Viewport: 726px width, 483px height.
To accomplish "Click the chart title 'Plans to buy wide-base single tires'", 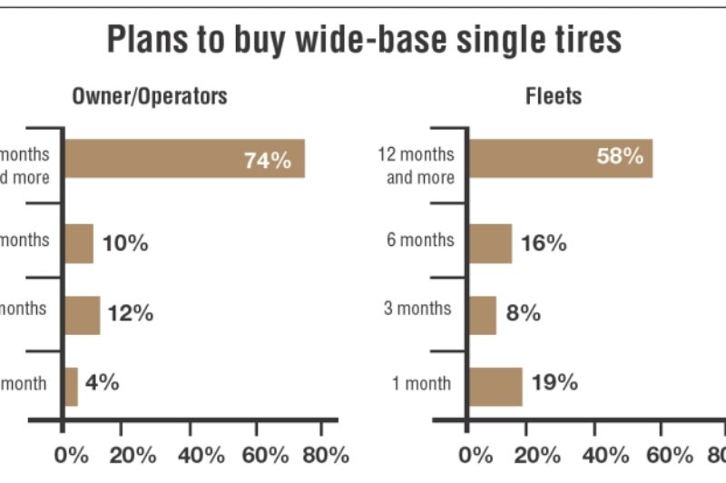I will click(x=364, y=40).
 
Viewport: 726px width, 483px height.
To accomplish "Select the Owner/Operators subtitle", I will click(x=150, y=95).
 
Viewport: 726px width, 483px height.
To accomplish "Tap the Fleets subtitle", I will click(x=554, y=95).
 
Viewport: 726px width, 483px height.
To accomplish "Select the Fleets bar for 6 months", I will click(x=490, y=243).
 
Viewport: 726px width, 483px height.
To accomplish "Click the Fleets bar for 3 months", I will click(x=482, y=314).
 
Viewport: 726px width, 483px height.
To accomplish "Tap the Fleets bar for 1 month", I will click(x=495, y=386).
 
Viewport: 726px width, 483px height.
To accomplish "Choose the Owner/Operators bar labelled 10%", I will click(x=78, y=243).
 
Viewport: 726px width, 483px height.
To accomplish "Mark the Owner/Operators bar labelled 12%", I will click(x=82, y=314).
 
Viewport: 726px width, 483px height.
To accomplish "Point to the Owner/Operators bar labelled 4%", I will click(x=71, y=386).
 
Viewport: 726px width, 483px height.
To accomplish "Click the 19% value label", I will click(x=555, y=382).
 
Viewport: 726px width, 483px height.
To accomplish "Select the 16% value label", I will click(x=544, y=242).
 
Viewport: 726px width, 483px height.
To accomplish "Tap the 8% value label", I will click(x=523, y=313).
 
